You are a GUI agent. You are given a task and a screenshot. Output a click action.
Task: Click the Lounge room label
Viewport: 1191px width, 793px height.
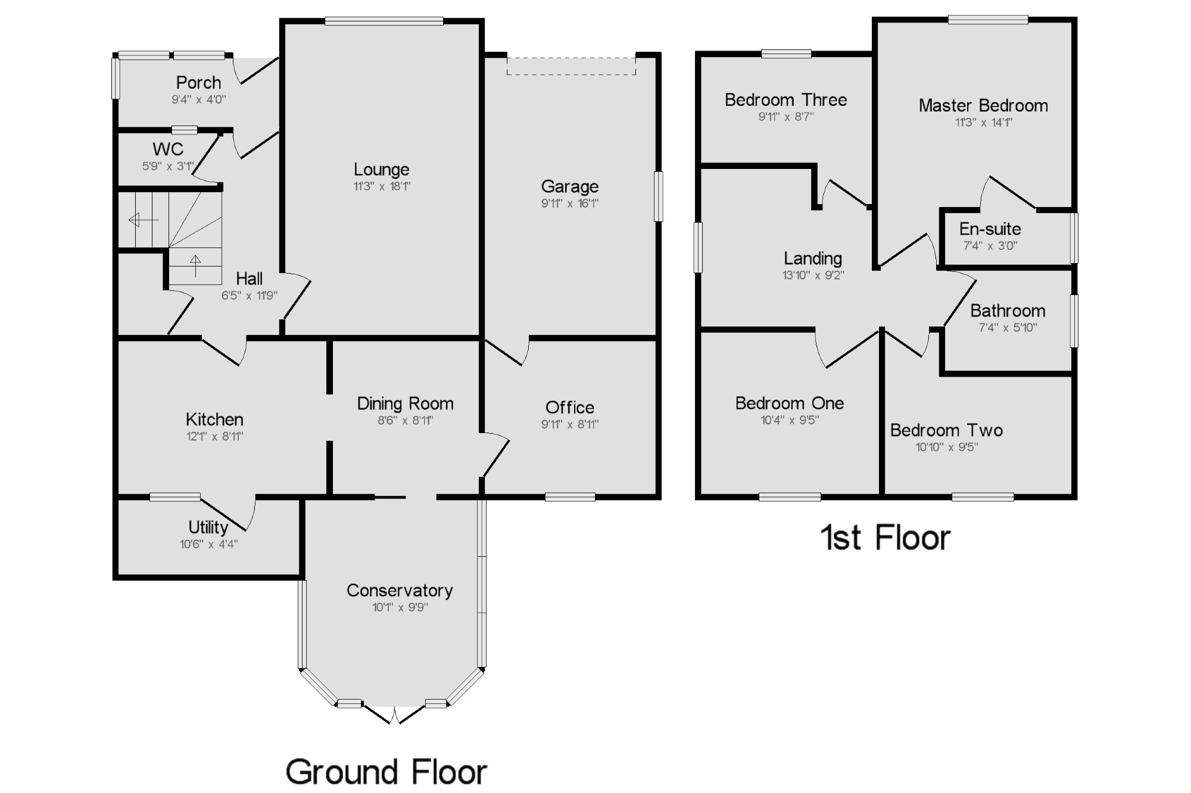381,170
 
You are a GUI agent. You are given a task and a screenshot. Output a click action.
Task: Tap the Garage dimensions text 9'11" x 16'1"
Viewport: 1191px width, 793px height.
570,203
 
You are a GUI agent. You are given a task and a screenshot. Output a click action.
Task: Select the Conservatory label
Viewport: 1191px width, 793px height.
400,590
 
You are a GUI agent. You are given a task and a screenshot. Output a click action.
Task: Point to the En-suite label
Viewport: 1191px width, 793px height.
990,229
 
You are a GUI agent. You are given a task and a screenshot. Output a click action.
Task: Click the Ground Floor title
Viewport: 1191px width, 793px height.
386,772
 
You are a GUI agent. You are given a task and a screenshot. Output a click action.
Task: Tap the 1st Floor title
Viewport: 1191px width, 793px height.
885,538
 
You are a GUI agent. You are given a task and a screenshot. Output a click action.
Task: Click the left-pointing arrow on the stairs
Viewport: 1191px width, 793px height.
143,220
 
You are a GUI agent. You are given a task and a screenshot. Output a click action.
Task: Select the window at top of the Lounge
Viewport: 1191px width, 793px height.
384,21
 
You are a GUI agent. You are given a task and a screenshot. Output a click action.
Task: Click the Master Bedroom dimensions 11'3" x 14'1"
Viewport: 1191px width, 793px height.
983,123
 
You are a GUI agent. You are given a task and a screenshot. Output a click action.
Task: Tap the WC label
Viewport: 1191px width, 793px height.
168,149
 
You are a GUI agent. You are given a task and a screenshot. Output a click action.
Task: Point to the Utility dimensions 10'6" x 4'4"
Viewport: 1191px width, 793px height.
208,544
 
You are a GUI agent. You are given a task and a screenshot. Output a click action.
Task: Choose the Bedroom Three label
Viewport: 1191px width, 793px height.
785,100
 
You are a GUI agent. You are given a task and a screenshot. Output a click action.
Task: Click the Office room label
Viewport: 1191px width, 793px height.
570,408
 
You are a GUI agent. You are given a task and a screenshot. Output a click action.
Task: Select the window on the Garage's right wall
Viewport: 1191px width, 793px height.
658,196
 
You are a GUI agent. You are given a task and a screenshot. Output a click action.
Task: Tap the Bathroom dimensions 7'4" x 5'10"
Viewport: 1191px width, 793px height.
1008,328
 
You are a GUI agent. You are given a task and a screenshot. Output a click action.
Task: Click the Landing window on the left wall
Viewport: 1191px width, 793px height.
699,247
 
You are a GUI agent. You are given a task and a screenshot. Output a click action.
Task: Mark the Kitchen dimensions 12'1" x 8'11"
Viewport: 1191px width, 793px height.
214,437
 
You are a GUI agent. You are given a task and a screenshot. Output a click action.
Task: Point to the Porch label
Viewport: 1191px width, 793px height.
198,83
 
